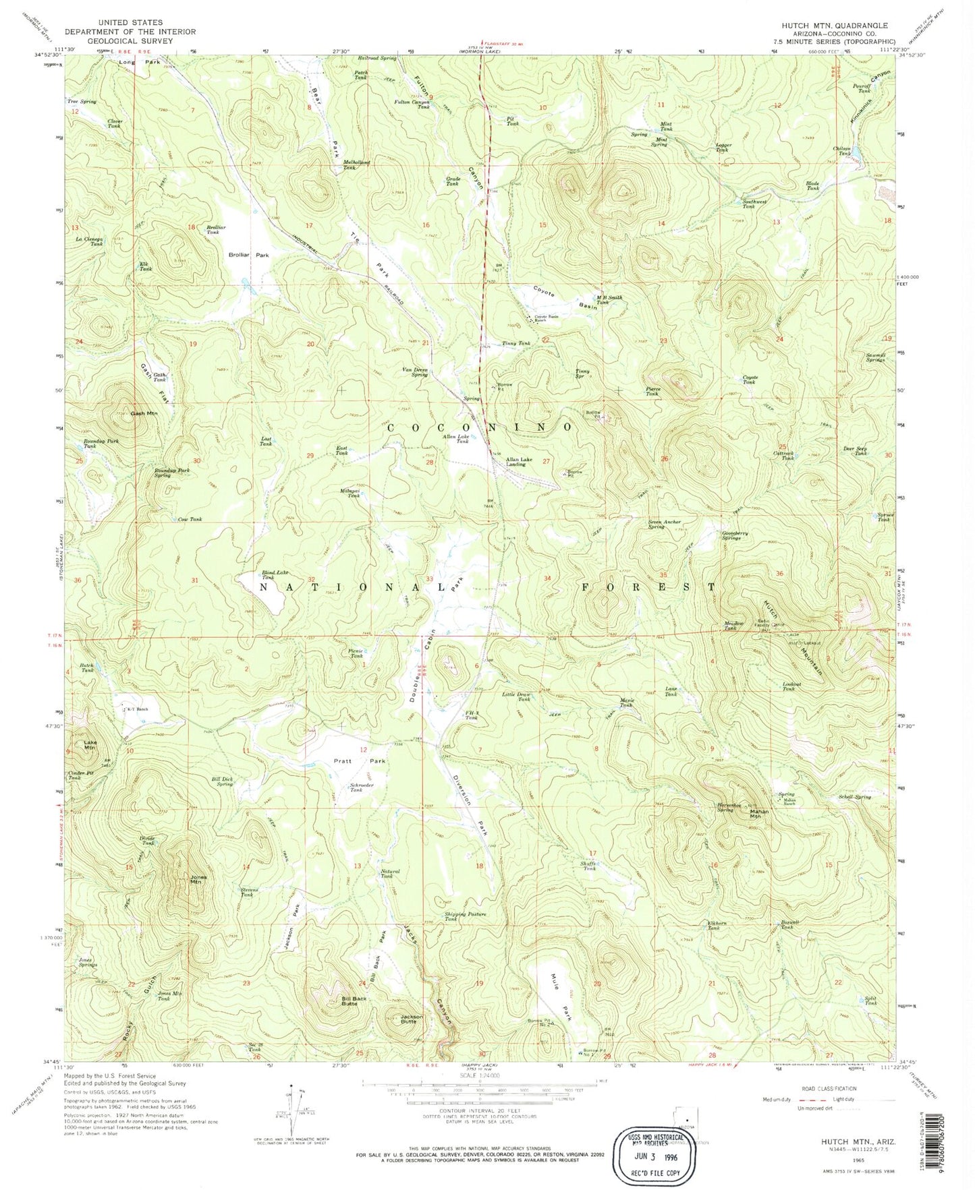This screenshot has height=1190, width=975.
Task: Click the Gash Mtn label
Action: pyautogui.click(x=144, y=413)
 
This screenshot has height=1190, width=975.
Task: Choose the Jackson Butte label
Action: pyautogui.click(x=412, y=1019)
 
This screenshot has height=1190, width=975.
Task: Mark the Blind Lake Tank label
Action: pyautogui.click(x=268, y=575)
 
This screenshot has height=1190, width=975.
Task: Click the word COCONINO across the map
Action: pyautogui.click(x=479, y=427)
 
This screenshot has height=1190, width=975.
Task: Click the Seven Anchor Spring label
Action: pyautogui.click(x=665, y=524)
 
